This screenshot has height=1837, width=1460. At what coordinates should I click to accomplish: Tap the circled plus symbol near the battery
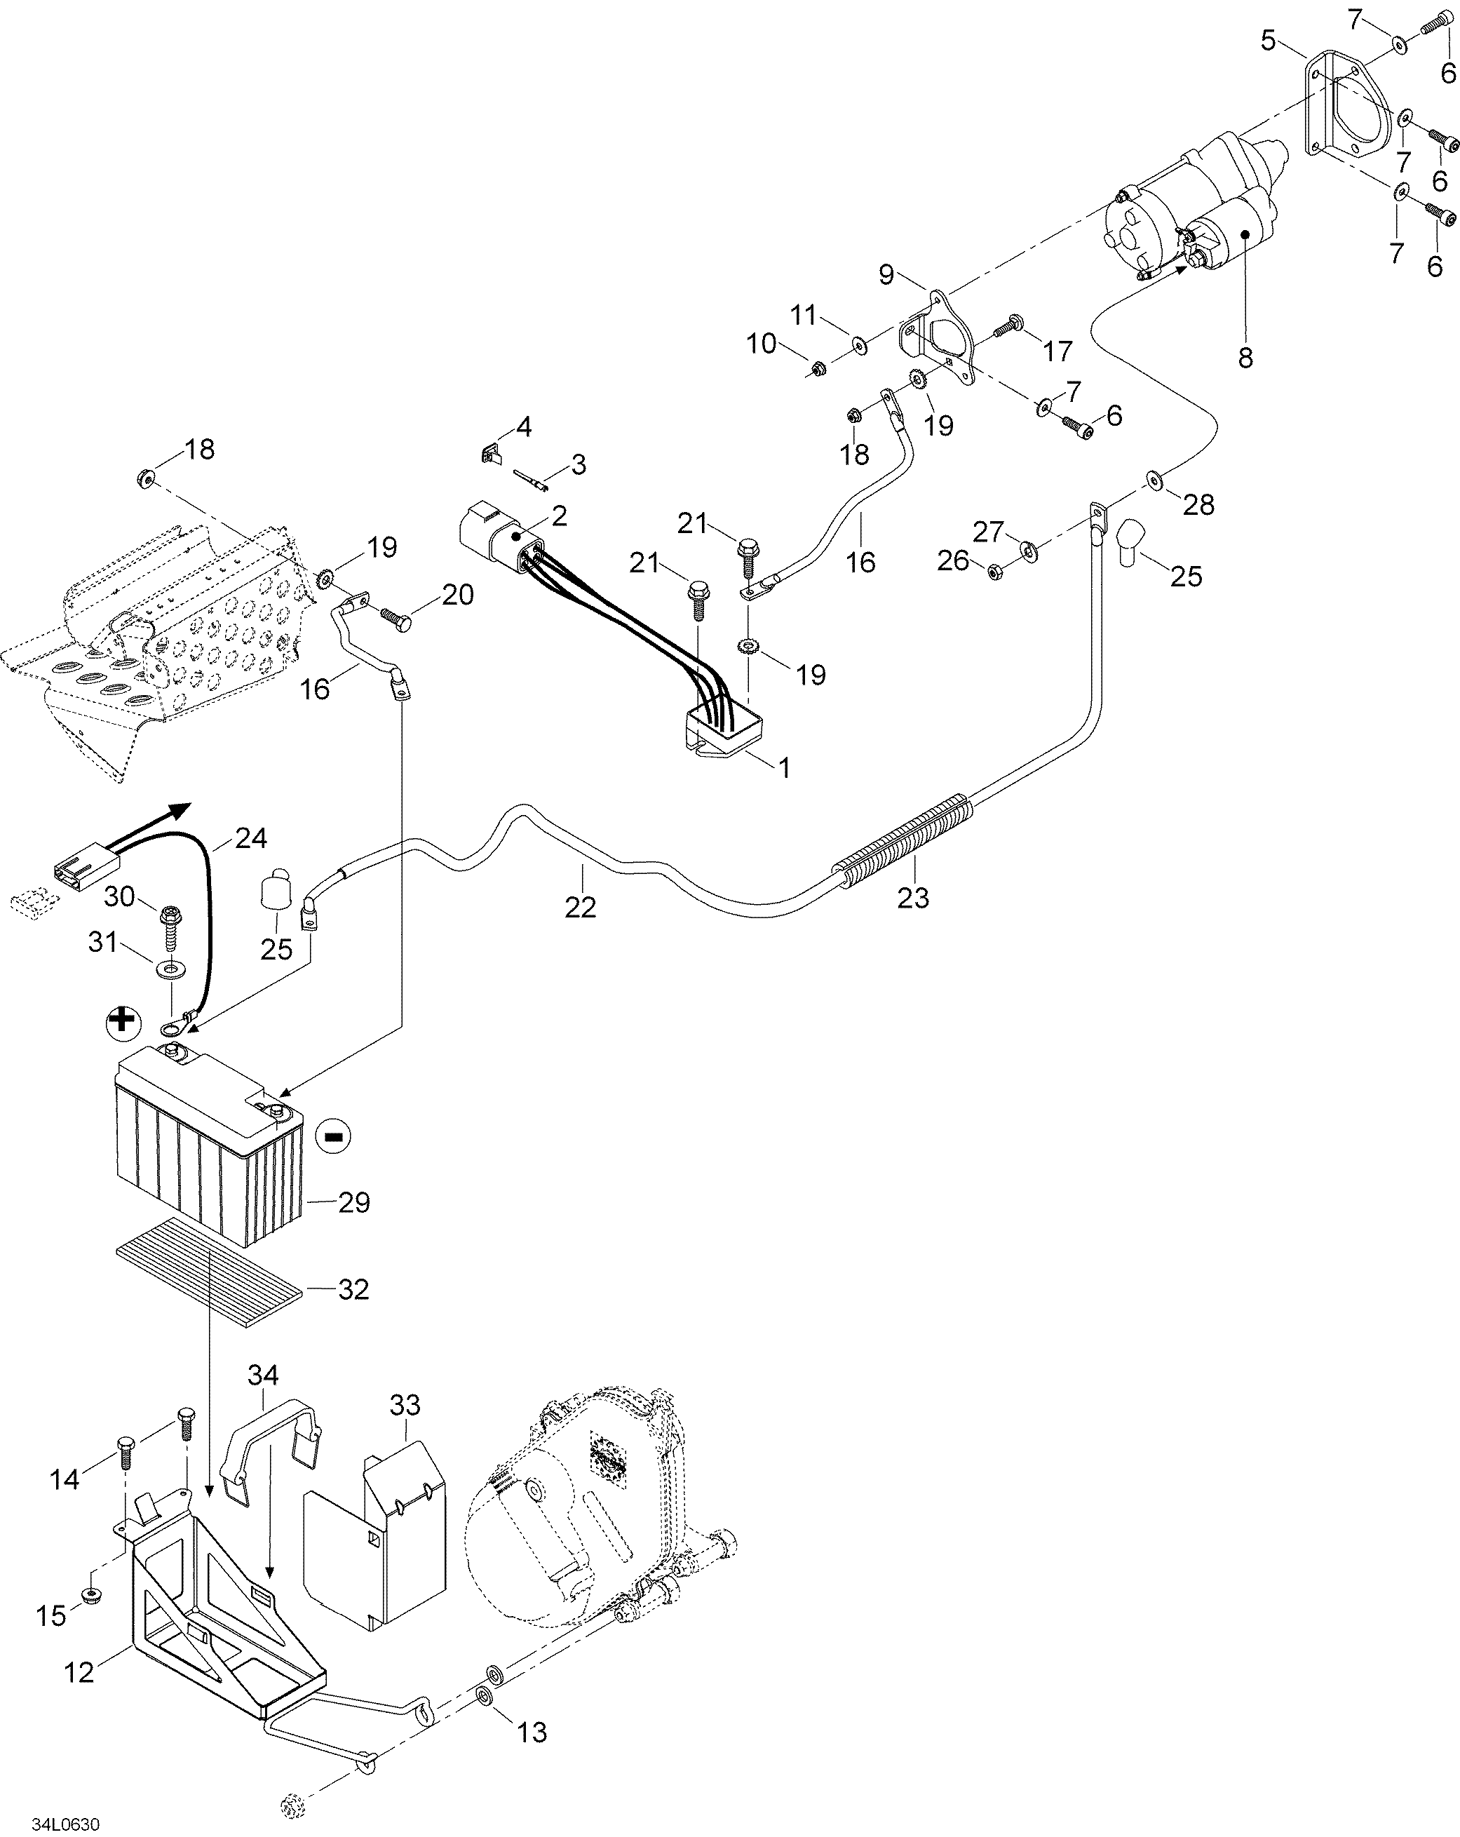point(123,1021)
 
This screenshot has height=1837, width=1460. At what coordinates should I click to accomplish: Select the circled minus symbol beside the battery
point(333,1135)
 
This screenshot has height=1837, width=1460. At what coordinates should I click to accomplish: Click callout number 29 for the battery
point(353,1202)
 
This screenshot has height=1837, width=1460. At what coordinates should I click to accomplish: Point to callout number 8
point(1245,358)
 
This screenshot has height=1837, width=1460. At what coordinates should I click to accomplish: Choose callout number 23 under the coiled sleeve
point(913,897)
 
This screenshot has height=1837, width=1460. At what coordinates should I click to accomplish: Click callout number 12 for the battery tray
point(79,1673)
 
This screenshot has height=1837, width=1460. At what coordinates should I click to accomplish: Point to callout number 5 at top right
point(1269,40)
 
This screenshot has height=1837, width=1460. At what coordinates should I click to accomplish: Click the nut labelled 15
point(91,1594)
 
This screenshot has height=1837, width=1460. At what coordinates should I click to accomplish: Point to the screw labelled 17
point(1010,324)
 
